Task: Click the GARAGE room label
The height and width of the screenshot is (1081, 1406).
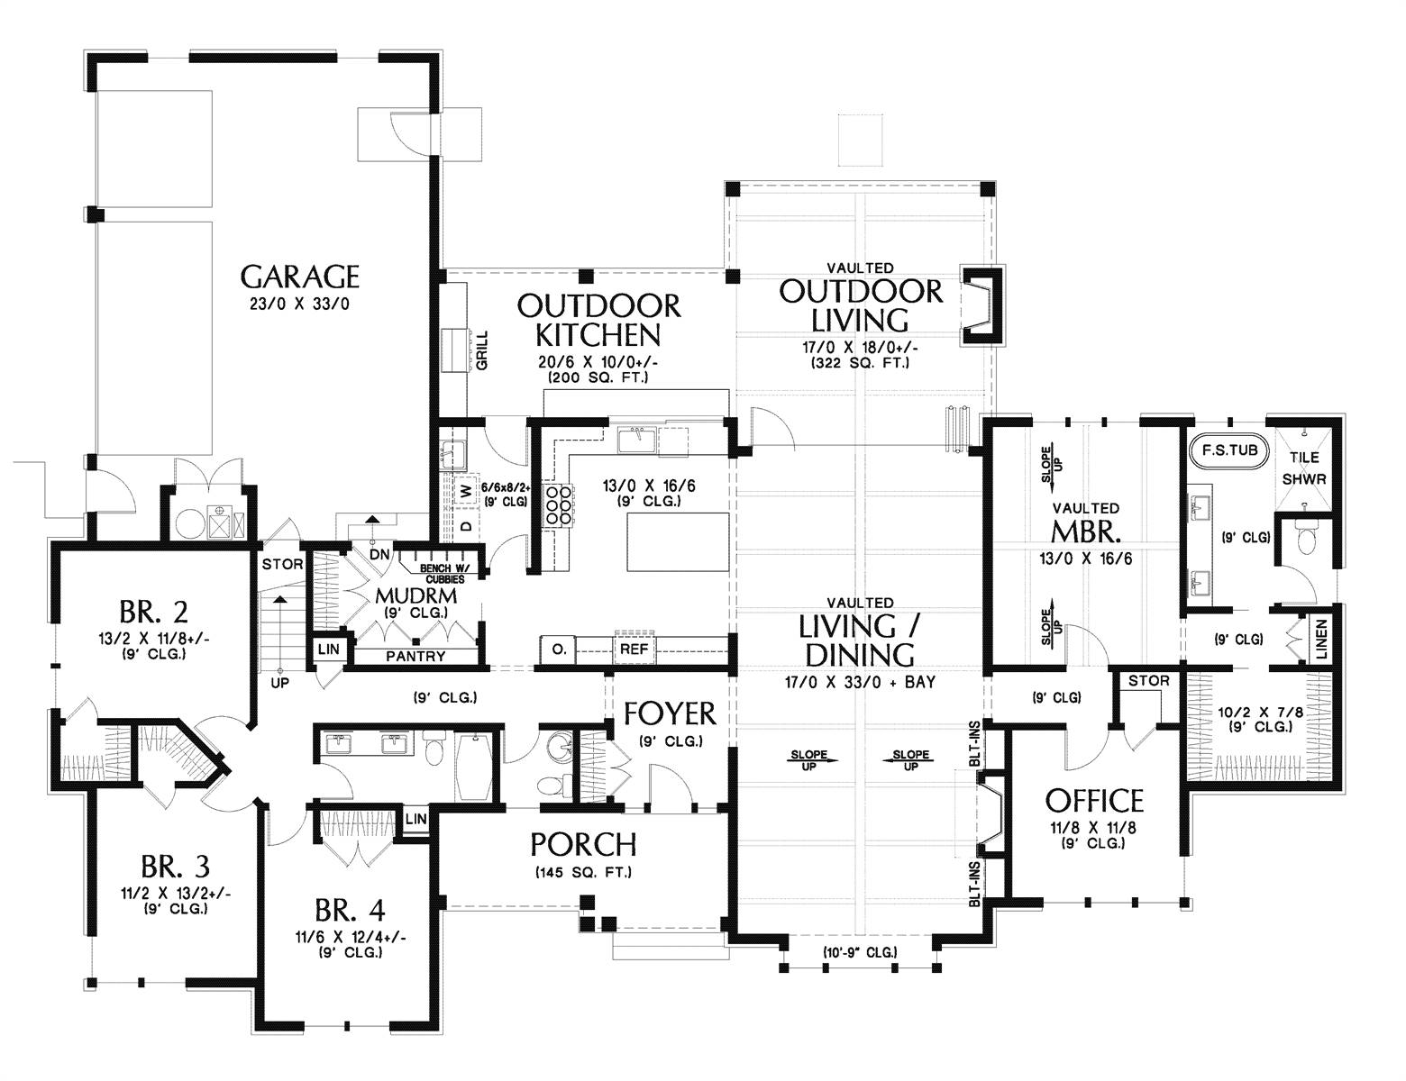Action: (299, 277)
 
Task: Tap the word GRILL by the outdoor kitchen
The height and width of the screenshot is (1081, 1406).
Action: (482, 350)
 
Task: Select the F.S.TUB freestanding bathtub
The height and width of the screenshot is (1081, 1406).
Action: (1229, 450)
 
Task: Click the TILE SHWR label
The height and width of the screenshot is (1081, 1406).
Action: (1304, 468)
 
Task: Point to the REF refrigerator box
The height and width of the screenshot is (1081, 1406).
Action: (634, 650)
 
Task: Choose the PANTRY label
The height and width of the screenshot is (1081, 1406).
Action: (415, 656)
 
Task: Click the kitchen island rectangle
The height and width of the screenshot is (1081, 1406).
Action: (678, 541)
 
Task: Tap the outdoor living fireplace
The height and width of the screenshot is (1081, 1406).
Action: (982, 305)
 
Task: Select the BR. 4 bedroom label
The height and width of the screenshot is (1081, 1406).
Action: (350, 911)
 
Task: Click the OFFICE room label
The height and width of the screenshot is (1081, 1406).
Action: (1094, 801)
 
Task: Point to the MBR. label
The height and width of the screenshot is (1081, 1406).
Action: (1086, 532)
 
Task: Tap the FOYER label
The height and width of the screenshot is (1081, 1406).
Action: (670, 713)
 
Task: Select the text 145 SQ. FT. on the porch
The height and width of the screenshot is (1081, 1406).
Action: (583, 873)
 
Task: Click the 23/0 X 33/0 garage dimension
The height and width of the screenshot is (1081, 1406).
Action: (299, 304)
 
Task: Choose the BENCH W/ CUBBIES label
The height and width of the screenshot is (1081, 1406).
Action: (445, 574)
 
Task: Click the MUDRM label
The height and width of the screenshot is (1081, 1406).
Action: (416, 595)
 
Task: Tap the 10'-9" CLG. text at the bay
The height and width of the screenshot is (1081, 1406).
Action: (860, 952)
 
